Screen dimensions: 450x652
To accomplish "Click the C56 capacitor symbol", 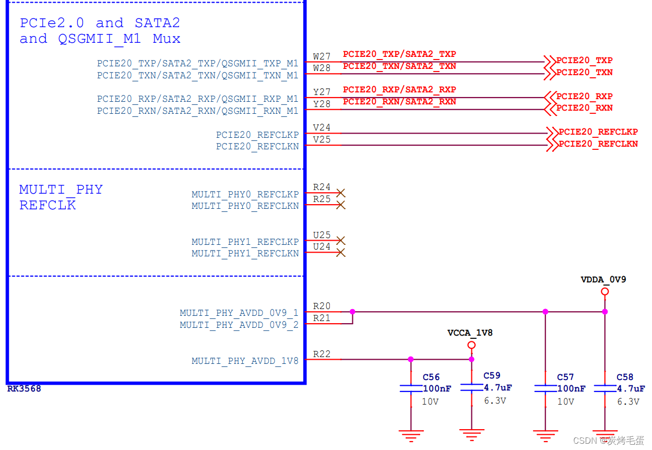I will tap(411, 389).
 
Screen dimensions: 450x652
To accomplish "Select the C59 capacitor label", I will tap(492, 375).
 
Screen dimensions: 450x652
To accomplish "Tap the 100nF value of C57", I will tap(571, 389).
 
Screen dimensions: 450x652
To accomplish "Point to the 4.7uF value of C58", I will tap(631, 389).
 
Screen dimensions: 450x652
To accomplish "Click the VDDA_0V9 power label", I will tap(603, 280).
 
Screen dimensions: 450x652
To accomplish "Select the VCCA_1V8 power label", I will tap(470, 333).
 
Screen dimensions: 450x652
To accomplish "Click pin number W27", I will tap(322, 56).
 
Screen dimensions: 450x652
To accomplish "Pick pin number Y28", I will tap(322, 104).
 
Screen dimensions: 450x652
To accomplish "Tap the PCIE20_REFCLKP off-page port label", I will tap(598, 132).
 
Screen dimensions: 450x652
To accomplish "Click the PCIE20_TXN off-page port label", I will tap(584, 73).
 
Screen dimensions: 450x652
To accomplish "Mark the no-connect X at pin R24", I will tap(341, 193).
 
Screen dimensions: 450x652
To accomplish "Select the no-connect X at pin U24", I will tap(341, 253).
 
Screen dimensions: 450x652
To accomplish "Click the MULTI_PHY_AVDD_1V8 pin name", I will tap(245, 361).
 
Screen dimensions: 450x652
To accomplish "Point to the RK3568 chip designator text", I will tap(24, 389).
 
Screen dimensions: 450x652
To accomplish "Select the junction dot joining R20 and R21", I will tap(352, 312).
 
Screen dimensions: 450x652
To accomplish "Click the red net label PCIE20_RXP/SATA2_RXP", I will tap(399, 90).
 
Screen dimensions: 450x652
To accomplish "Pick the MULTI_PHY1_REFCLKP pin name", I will tap(245, 242).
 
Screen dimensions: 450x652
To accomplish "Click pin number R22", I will tap(322, 354).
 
